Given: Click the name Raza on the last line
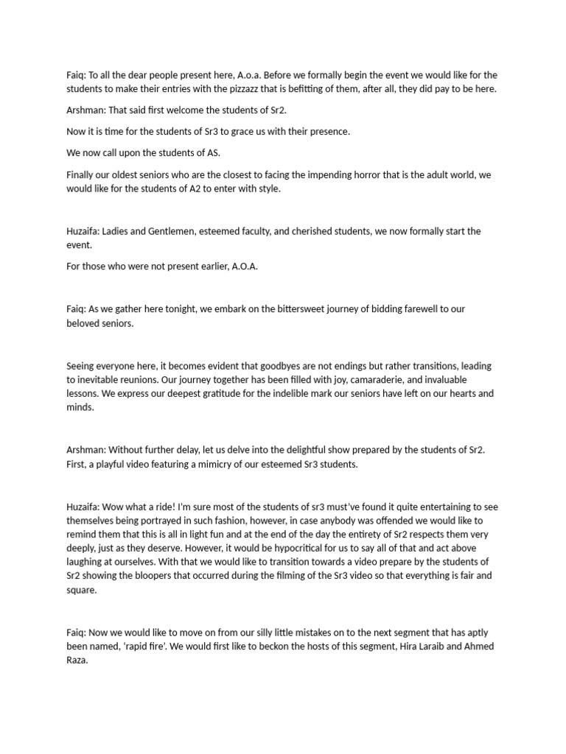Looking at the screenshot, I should tap(77, 660).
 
